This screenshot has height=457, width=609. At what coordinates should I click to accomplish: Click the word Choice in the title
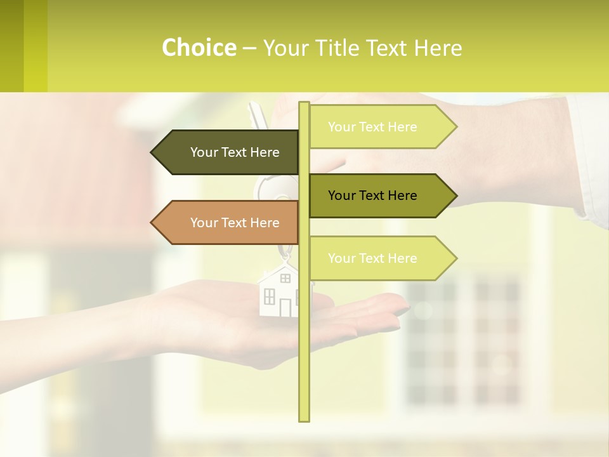pyautogui.click(x=199, y=48)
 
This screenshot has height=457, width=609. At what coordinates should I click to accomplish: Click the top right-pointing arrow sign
pyautogui.click(x=381, y=127)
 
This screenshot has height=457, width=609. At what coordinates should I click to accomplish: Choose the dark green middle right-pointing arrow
pyautogui.click(x=381, y=195)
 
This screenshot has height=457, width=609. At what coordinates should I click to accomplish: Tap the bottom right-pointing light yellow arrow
pyautogui.click(x=381, y=258)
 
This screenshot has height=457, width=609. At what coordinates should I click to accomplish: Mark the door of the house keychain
pyautogui.click(x=285, y=307)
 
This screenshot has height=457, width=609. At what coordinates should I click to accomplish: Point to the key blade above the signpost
pyautogui.click(x=256, y=114)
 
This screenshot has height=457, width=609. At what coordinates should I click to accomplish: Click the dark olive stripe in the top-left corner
pyautogui.click(x=11, y=46)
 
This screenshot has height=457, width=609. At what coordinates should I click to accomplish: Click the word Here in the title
pyautogui.click(x=438, y=48)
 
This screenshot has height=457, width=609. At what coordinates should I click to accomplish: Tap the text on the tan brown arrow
pyautogui.click(x=235, y=223)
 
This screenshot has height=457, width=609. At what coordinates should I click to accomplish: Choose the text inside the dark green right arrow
pyautogui.click(x=372, y=195)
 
